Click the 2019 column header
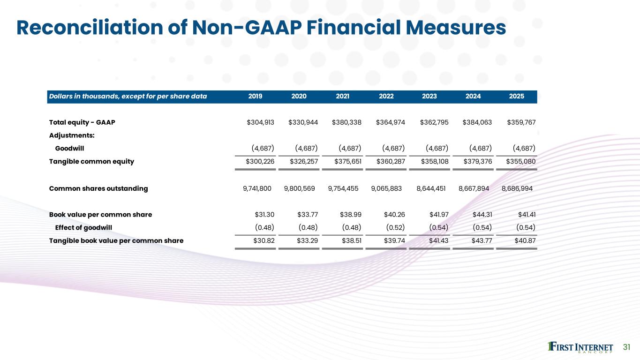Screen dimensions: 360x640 pyautogui.click(x=255, y=97)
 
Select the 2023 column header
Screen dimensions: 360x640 pyautogui.click(x=429, y=97)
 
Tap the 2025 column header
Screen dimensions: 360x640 pyautogui.click(x=516, y=97)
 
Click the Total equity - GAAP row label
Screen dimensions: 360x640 pyautogui.click(x=82, y=123)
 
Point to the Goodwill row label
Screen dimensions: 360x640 pyautogui.click(x=69, y=149)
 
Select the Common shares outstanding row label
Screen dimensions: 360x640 pyautogui.click(x=98, y=188)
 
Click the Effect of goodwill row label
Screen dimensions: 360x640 pyautogui.click(x=83, y=228)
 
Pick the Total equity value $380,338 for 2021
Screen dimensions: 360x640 pyautogui.click(x=346, y=123)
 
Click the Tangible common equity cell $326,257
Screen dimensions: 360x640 pyautogui.click(x=303, y=162)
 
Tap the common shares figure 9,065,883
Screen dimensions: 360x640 pyautogui.click(x=386, y=188)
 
